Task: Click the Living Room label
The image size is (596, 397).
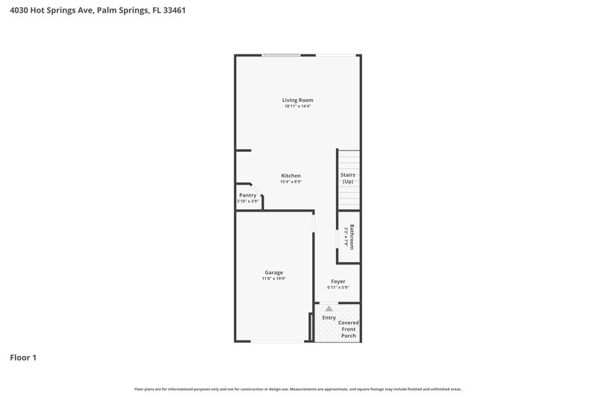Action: [x=297, y=100]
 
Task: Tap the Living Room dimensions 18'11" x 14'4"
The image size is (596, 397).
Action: [x=297, y=107]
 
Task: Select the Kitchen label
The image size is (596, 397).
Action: [x=291, y=175]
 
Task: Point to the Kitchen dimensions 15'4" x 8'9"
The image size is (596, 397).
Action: [x=291, y=182]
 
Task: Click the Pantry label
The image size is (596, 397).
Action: [x=247, y=195]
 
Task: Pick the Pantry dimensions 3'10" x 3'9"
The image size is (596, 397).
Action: [x=247, y=201]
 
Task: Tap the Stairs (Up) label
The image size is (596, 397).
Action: [x=347, y=178]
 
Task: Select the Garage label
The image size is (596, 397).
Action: [x=273, y=272]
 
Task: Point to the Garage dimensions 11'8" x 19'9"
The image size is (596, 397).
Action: [x=273, y=279]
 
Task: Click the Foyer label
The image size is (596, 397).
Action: [x=338, y=282]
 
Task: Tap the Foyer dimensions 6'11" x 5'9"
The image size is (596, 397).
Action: [x=338, y=288]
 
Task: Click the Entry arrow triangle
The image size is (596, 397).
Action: [x=329, y=308]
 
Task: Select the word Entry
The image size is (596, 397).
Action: [x=329, y=318]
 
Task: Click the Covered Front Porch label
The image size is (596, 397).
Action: [x=348, y=329]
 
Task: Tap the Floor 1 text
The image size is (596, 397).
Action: [x=23, y=358]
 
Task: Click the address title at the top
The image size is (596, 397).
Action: [x=92, y=10]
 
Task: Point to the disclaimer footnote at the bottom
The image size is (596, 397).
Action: [x=297, y=389]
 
